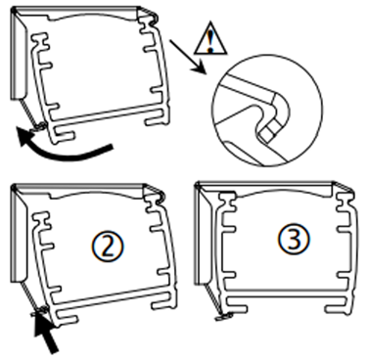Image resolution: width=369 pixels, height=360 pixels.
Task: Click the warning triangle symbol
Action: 210,40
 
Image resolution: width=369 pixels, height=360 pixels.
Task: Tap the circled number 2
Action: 108,247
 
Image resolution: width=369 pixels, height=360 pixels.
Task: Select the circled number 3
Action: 294,240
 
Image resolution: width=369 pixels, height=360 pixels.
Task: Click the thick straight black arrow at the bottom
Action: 45,331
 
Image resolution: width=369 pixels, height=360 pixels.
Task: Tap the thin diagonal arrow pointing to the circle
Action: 187,56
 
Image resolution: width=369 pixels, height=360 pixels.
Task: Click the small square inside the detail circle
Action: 267,133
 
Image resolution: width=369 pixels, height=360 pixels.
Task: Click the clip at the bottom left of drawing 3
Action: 224,316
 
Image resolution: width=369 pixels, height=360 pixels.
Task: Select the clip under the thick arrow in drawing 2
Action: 40,310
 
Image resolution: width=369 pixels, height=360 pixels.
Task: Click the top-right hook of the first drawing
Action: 154,17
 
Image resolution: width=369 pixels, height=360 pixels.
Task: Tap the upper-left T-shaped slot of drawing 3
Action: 227,202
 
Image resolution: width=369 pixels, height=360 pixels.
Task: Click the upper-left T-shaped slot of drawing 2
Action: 41,221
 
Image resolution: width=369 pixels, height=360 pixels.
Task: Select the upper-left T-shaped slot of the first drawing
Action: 40,42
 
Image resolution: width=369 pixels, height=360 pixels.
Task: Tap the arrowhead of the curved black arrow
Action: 25,136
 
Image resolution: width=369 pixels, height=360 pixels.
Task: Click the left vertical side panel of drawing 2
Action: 19,235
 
